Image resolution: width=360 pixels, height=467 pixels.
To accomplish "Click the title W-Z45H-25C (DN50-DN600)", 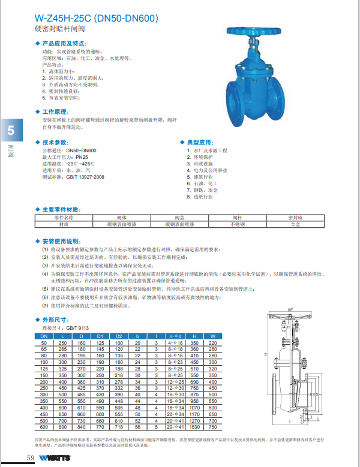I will (96, 18).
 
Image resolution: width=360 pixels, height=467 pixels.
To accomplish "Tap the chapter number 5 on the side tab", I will (11, 131).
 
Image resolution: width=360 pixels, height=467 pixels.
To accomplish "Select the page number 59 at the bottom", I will (30, 458).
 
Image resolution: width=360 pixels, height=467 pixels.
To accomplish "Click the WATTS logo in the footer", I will (58, 458).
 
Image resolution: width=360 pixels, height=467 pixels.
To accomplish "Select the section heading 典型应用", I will (200, 142).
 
